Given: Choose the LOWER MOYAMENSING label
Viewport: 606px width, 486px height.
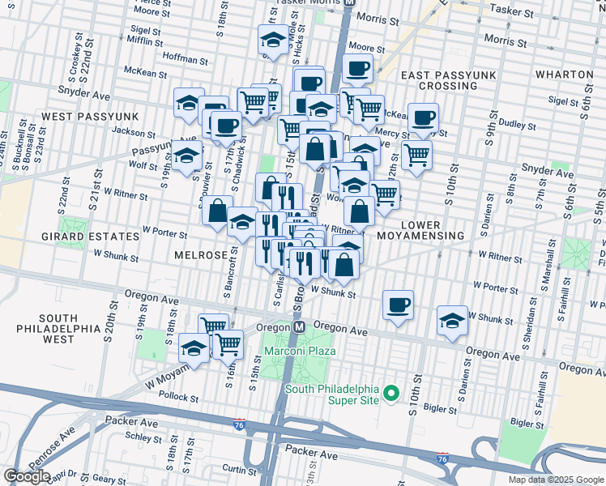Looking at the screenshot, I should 420,230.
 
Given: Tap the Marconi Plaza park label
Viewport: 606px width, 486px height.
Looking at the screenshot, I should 297,352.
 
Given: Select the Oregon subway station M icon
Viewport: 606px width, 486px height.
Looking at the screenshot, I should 298,326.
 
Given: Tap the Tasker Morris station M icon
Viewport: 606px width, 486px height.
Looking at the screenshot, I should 349,3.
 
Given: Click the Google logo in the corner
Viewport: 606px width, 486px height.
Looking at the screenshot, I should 28,476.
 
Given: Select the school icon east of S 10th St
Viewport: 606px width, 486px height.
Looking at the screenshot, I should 452,319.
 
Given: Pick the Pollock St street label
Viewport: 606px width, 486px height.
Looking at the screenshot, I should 179,398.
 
